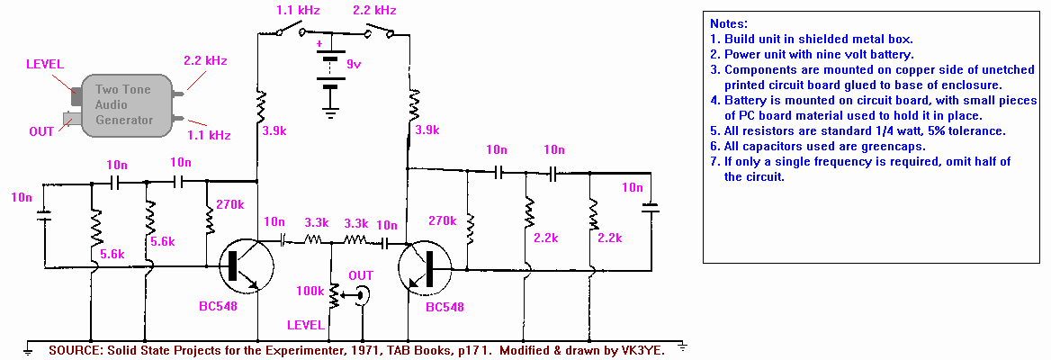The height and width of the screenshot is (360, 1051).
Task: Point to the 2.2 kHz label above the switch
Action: click(x=374, y=11)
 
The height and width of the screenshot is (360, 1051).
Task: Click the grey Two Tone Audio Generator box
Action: click(x=124, y=105)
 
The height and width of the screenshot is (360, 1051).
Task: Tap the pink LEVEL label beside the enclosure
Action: click(x=45, y=65)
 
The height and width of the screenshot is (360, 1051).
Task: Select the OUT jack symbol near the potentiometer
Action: click(x=362, y=293)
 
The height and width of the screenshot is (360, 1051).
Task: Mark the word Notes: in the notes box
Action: click(x=729, y=23)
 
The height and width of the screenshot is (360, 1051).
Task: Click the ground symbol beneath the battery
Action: click(x=331, y=112)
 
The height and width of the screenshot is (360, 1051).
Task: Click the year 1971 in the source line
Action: click(x=333, y=350)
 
